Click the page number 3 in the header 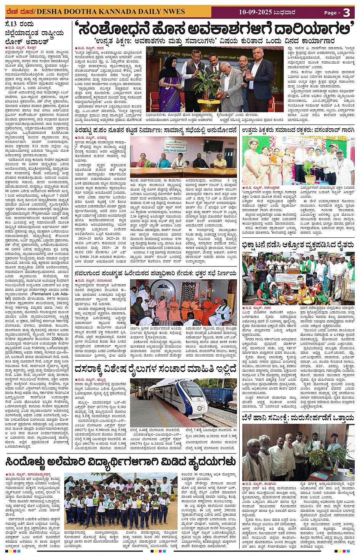pos(346,13)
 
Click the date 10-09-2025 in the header pos(255,12)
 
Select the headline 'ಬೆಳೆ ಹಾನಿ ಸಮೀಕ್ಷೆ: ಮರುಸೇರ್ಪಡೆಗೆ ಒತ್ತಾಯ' pos(298,418)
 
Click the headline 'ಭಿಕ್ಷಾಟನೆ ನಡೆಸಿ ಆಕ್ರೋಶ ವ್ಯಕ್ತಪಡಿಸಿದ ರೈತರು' pos(298,245)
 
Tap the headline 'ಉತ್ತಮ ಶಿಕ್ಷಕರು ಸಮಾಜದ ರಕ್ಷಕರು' pos(298,130)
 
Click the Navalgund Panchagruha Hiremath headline pos(155,273)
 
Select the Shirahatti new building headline pos(155,130)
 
